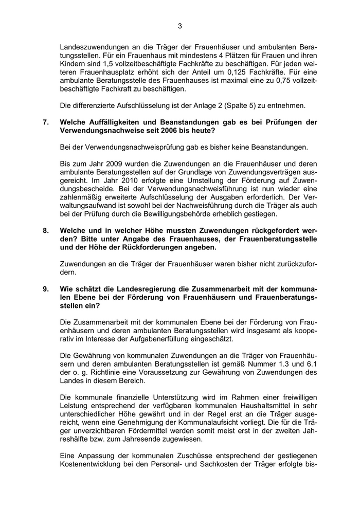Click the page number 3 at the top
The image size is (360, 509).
[180, 26]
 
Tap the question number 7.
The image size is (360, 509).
[46, 123]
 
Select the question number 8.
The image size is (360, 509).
[46, 231]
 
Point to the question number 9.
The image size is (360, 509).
[46, 289]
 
